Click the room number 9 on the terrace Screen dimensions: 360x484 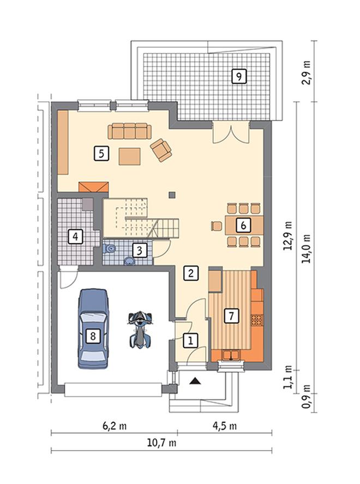[x=239, y=76]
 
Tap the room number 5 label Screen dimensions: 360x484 [x=101, y=153]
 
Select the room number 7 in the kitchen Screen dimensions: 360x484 [x=231, y=316]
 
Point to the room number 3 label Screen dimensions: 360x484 [x=140, y=250]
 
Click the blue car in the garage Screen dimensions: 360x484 [x=93, y=329]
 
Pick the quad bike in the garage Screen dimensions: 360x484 [x=141, y=330]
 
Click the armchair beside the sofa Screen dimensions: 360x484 [x=161, y=150]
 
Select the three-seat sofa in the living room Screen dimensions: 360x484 [x=129, y=131]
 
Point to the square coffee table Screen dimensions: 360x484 [x=130, y=156]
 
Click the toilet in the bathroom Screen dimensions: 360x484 [x=109, y=248]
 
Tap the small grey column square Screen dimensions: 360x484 [x=172, y=195]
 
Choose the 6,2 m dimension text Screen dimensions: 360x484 [x=115, y=426]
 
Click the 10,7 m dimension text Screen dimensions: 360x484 [x=161, y=443]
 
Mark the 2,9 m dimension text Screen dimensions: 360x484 [x=307, y=72]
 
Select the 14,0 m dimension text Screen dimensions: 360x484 [x=307, y=249]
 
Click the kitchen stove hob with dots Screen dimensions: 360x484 [x=257, y=320]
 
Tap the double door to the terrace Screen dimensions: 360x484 [x=231, y=132]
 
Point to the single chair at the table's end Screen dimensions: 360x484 [x=217, y=226]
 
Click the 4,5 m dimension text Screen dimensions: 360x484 [x=225, y=426]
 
